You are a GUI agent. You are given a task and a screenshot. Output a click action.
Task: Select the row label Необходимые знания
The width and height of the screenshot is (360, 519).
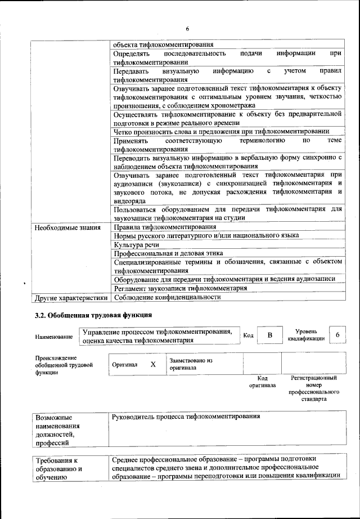click(x=67, y=227)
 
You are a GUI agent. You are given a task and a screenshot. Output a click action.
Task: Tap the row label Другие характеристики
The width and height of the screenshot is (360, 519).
click(x=71, y=297)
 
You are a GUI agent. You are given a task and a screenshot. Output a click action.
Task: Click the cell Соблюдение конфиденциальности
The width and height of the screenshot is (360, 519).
click(x=166, y=297)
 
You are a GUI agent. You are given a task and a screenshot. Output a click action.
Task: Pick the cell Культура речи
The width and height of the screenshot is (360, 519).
click(x=136, y=245)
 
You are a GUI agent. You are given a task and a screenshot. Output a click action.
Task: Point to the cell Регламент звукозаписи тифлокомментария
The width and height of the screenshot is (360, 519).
click(x=180, y=288)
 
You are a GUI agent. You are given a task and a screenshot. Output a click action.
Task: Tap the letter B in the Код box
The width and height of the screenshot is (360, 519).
click(x=270, y=335)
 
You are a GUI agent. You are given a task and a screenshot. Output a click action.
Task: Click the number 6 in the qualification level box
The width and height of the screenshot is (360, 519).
click(x=337, y=335)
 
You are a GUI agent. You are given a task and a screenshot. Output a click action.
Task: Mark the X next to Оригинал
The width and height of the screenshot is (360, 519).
click(x=153, y=364)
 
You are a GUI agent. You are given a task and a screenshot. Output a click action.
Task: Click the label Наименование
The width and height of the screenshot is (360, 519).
click(x=54, y=337)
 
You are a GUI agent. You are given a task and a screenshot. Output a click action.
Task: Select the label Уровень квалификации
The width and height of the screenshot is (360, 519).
click(x=306, y=335)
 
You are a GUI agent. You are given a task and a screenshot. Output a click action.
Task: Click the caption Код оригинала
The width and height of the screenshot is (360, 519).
click(x=262, y=382)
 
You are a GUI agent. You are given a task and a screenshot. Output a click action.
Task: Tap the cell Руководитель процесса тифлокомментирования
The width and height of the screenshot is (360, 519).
click(x=186, y=417)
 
